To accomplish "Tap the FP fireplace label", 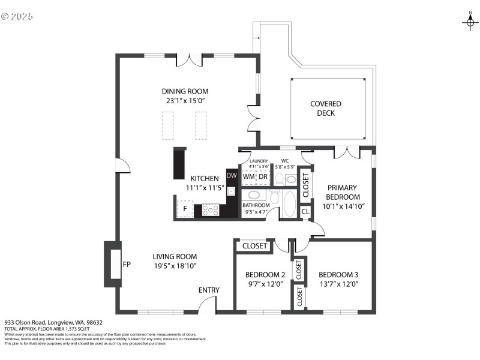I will click(127, 264).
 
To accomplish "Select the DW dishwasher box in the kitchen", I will click(232, 176).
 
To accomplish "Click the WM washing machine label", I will click(248, 177).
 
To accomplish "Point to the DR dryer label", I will click(263, 177).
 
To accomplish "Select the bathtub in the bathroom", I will click(289, 203).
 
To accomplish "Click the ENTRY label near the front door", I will click(209, 290).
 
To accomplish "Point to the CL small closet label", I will click(305, 211).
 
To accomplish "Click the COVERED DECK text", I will click(326, 109).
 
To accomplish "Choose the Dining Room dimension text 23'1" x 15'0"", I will click(185, 101).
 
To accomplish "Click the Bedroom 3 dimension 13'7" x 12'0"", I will click(338, 284).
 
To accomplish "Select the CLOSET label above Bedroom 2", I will click(255, 246).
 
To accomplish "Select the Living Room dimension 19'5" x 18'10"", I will click(175, 265).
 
